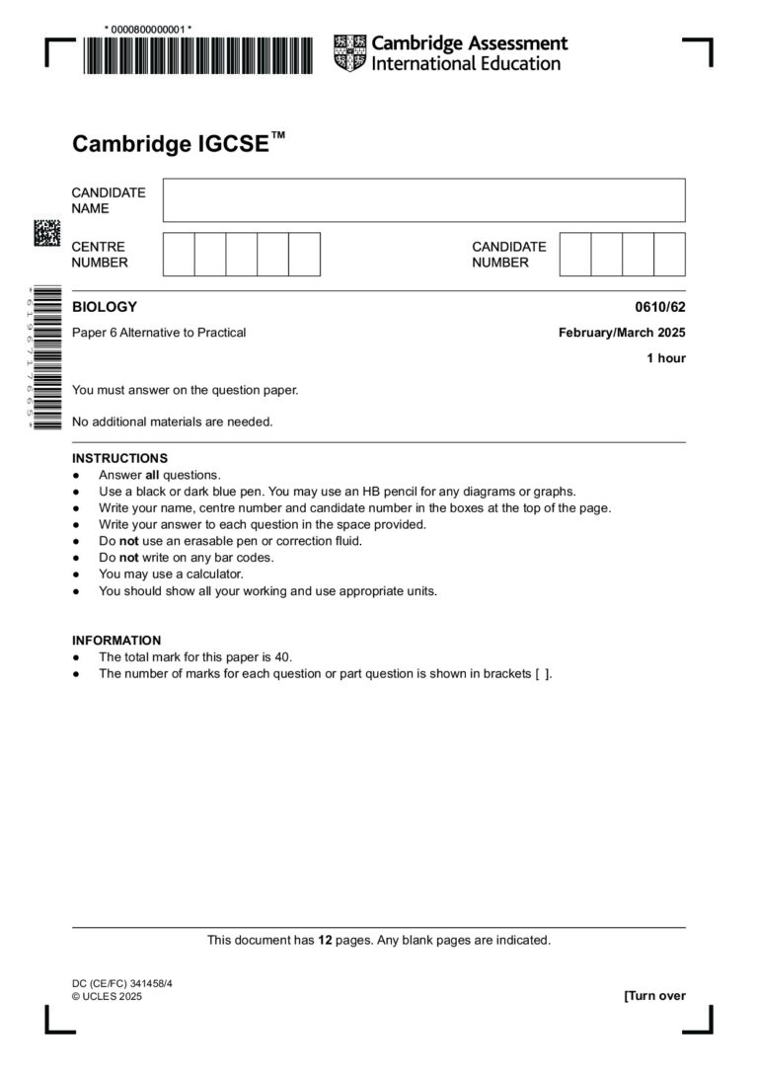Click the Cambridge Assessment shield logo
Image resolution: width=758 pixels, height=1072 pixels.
point(350,53)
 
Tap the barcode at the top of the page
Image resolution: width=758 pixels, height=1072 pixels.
point(196,55)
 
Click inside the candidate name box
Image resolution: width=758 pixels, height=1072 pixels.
point(423,200)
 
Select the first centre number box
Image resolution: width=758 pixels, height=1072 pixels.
point(179,254)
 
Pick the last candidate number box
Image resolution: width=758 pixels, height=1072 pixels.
point(669,254)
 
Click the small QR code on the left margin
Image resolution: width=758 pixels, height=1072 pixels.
point(46,233)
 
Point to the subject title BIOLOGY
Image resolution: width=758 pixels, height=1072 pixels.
point(105,307)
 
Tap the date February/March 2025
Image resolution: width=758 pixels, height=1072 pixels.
point(622,333)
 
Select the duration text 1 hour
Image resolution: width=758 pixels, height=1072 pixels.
point(666,358)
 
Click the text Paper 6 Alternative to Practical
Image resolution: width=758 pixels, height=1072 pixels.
point(159,333)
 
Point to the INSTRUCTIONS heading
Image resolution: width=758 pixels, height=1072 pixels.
point(119,458)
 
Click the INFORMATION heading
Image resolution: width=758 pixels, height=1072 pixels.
point(116,640)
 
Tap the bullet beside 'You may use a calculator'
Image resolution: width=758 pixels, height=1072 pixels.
point(76,574)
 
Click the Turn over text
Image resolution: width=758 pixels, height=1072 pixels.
point(654,995)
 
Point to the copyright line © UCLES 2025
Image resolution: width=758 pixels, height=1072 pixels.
point(107,997)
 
